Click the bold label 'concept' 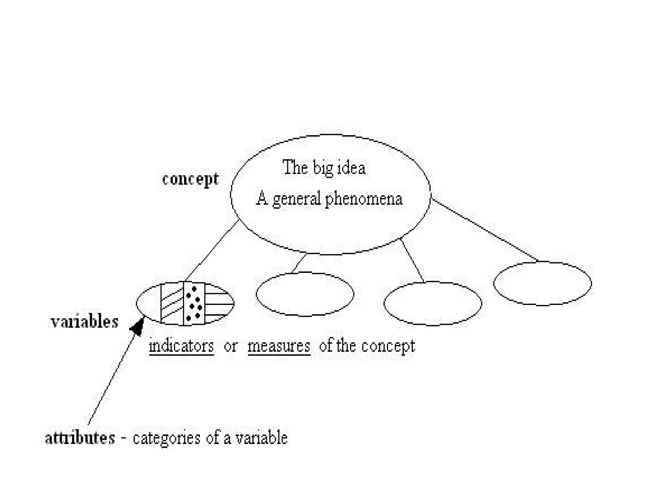(x=190, y=179)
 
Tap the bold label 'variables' (x=84, y=321)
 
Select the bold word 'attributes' (x=80, y=438)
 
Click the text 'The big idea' (x=324, y=168)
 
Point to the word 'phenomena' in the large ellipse (x=364, y=199)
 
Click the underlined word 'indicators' (x=182, y=346)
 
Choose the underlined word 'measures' (x=279, y=346)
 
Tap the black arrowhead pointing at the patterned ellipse (x=137, y=327)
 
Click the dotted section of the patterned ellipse (x=194, y=304)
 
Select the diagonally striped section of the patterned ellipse (x=172, y=304)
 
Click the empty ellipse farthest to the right (x=542, y=283)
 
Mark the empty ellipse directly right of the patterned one (x=305, y=294)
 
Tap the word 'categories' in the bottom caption (x=166, y=438)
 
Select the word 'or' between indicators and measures (x=231, y=346)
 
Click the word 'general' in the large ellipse (x=297, y=199)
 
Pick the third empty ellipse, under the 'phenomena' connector (x=433, y=303)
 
